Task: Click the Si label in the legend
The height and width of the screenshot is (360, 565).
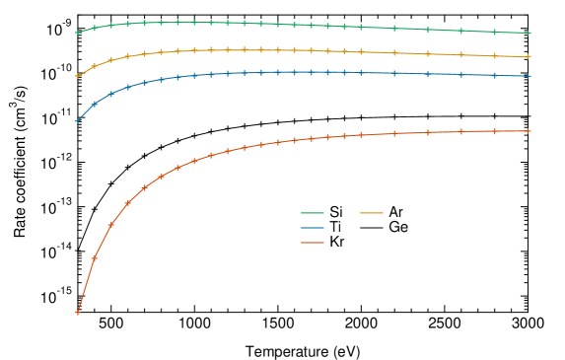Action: point(336,212)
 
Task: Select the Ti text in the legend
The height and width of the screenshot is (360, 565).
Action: point(335,227)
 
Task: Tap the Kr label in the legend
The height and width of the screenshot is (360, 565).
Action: point(336,242)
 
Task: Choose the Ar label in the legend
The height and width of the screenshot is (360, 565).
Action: point(395,212)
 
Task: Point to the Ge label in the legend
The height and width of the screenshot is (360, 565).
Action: point(397,227)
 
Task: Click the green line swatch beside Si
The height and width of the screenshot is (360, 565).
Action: point(313,212)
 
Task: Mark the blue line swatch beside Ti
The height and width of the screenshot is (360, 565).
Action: point(313,227)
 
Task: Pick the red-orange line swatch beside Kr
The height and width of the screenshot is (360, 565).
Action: point(313,242)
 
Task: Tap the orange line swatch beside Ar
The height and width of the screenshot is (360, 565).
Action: point(372,212)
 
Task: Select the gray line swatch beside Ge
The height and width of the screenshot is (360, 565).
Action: point(372,227)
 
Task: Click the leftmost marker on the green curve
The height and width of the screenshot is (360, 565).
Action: point(77,33)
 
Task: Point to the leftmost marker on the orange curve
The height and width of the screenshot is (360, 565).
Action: point(77,75)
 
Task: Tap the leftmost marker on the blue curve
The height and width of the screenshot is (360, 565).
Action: point(77,120)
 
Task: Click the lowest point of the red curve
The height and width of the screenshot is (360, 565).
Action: point(77,313)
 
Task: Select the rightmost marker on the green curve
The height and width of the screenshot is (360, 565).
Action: point(529,34)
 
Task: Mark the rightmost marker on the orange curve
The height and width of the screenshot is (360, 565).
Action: point(529,57)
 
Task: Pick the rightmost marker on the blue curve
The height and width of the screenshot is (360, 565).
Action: point(529,76)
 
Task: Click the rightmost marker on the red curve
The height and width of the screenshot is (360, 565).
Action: point(529,131)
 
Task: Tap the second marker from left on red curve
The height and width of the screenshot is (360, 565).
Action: point(94,258)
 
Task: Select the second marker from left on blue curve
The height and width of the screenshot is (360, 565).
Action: point(94,104)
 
